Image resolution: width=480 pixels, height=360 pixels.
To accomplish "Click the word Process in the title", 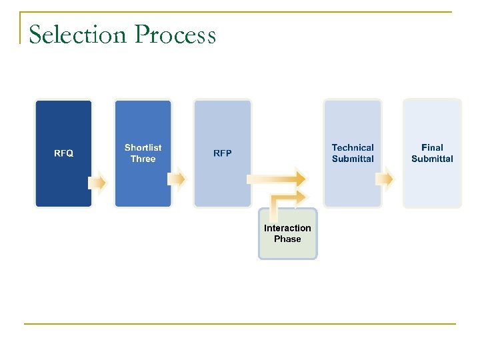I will [x=175, y=35].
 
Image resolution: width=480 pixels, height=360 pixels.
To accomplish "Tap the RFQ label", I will [x=63, y=153].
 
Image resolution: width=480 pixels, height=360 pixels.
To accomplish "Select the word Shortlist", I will [x=143, y=147].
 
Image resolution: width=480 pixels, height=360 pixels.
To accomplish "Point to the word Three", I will [x=143, y=159].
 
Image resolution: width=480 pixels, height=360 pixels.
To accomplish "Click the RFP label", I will [x=223, y=153].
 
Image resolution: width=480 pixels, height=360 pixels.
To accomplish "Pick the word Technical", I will [x=353, y=147].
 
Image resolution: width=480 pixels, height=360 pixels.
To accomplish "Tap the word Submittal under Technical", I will [x=353, y=159].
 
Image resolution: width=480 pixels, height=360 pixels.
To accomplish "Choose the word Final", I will [x=432, y=147].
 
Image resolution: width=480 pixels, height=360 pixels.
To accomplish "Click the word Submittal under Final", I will [x=432, y=159].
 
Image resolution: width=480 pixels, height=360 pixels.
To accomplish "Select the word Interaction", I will [x=287, y=228].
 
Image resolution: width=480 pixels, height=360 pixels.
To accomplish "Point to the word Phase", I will [x=287, y=239].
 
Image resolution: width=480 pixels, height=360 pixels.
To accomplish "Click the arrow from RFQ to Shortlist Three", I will [x=98, y=181].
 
